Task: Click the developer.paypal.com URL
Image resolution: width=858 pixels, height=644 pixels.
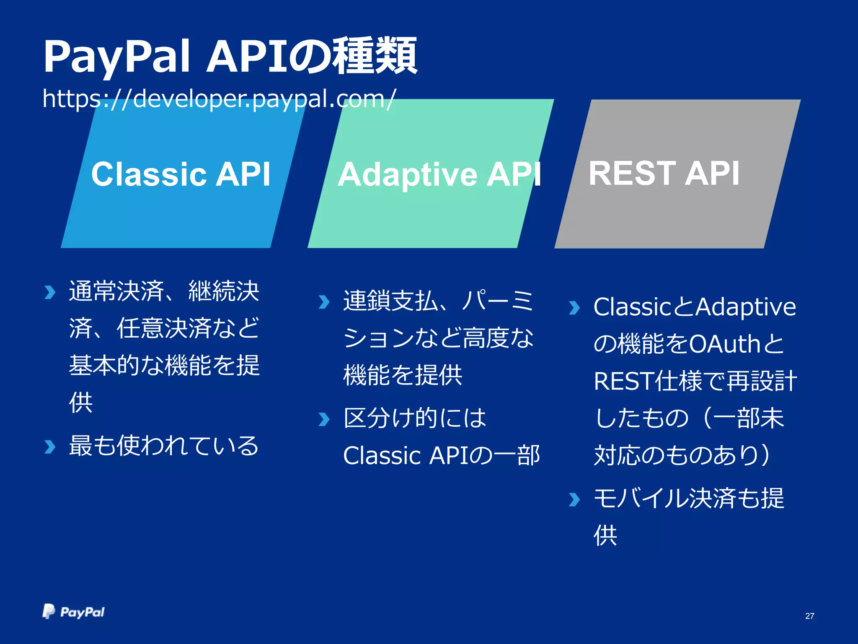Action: [218, 99]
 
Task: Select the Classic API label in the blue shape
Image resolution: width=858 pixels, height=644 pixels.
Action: [181, 174]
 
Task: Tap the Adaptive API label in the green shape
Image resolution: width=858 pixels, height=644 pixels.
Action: [439, 174]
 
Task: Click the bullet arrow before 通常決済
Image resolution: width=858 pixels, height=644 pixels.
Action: [50, 292]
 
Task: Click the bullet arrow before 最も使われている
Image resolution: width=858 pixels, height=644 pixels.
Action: [50, 447]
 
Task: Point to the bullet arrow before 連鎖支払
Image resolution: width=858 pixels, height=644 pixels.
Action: [324, 301]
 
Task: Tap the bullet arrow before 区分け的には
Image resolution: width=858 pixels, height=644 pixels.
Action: [324, 419]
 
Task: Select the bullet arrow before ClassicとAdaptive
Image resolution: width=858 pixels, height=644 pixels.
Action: [574, 308]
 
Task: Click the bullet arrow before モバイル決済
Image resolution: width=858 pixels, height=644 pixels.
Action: [574, 499]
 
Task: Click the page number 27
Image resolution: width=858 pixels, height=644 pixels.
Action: [809, 616]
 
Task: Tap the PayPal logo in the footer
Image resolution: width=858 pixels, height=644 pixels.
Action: [74, 612]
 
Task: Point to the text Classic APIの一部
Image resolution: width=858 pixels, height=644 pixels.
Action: [441, 456]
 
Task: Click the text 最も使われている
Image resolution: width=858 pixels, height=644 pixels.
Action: [164, 446]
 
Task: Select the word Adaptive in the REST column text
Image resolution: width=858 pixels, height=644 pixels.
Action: [746, 307]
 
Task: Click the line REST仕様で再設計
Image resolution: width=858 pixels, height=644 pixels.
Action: [695, 382]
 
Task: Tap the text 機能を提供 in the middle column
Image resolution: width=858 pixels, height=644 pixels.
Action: [403, 375]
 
